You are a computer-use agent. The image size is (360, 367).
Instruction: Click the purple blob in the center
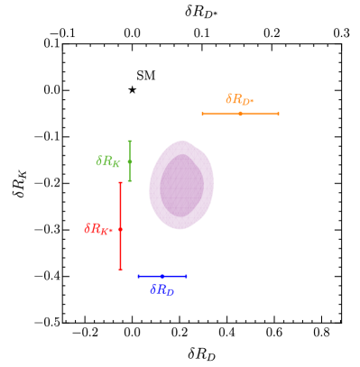tap(181, 185)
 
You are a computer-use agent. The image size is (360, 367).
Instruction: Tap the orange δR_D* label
tap(239, 99)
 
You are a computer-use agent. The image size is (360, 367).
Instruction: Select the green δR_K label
tap(108, 161)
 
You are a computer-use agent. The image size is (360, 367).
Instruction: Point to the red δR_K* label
tap(97, 229)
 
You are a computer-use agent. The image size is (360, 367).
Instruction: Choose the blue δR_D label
tap(162, 289)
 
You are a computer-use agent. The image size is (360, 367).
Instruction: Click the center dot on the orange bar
tap(240, 114)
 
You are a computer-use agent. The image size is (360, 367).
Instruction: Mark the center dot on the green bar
tap(130, 161)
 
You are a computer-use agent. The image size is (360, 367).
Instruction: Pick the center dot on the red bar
tap(120, 229)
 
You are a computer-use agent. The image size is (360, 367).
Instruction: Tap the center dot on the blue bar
tap(162, 276)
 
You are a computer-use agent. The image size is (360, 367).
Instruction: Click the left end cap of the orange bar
tap(202, 114)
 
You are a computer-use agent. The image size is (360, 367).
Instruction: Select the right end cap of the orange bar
tap(278, 114)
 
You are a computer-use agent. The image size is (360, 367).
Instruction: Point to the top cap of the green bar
tap(130, 141)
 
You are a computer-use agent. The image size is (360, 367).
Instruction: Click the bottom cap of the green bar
tap(130, 180)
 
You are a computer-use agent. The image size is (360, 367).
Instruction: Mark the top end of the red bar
tap(120, 183)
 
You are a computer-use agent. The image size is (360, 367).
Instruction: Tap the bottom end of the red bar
tap(120, 269)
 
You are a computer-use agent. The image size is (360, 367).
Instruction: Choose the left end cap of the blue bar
tap(138, 276)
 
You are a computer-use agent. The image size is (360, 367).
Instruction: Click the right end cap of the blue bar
tap(186, 276)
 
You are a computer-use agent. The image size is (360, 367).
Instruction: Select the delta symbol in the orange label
tap(228, 98)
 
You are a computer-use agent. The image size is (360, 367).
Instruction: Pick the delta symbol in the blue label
tap(152, 289)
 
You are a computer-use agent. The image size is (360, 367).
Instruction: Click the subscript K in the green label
tap(115, 164)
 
